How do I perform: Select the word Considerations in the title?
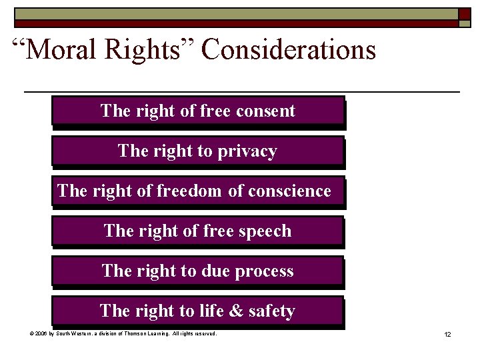click(289, 50)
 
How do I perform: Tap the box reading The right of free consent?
click(197, 111)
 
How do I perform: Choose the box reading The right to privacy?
click(197, 151)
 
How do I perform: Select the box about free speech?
click(197, 231)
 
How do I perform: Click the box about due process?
click(197, 271)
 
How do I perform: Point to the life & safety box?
click(197, 311)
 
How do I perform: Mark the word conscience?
click(289, 191)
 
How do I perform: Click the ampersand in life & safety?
click(237, 311)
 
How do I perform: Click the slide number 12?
click(447, 334)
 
